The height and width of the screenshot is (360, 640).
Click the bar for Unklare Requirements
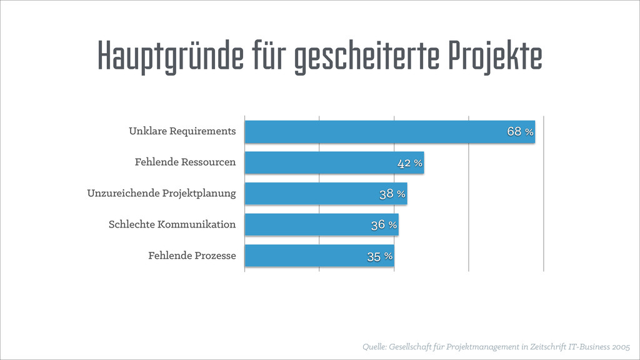point(375,132)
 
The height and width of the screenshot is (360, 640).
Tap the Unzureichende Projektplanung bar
point(312,194)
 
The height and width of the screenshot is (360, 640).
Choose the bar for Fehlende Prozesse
point(306,256)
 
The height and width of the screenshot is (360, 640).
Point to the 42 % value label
point(410,163)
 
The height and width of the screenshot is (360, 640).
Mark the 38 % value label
point(392,194)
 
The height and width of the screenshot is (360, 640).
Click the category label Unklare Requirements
point(182,131)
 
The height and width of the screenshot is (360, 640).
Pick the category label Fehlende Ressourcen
point(185,162)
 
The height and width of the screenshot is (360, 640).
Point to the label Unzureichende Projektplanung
point(161,193)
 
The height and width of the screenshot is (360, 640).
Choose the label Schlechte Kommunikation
point(172,224)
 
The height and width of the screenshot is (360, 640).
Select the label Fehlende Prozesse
point(192,256)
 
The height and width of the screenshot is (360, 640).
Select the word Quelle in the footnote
point(374,346)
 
